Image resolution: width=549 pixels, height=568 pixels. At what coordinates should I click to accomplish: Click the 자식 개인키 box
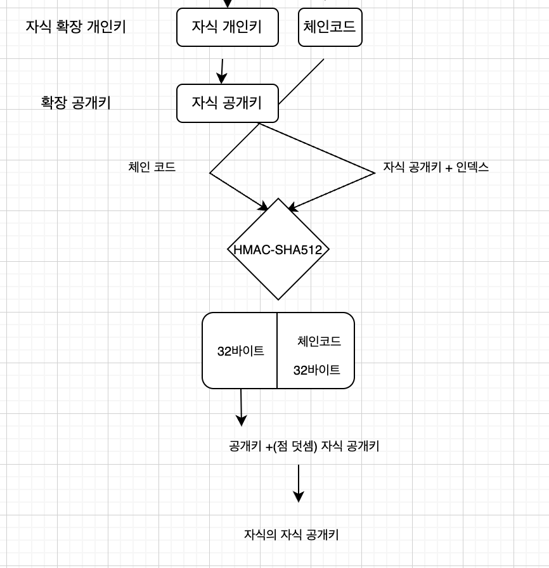(227, 27)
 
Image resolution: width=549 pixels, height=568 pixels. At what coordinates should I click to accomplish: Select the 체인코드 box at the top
(330, 27)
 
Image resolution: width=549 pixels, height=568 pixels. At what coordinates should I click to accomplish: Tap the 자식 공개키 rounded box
(227, 103)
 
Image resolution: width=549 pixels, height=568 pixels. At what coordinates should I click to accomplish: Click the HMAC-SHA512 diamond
(278, 249)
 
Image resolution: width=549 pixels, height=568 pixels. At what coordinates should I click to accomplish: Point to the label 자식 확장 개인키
(75, 27)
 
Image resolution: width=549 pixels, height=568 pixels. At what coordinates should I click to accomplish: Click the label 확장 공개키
(75, 103)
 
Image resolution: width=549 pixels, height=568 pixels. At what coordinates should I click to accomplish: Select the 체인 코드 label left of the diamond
(152, 167)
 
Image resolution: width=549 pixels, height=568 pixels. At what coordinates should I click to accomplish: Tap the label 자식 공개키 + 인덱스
(436, 167)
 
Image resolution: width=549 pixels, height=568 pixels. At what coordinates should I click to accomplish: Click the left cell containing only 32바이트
(240, 351)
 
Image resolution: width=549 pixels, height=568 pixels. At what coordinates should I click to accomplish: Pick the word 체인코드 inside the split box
(319, 341)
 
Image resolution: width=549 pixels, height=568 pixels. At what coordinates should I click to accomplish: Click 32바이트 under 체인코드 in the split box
(316, 370)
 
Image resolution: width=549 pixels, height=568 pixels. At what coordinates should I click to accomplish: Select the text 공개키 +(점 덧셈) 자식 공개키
(304, 446)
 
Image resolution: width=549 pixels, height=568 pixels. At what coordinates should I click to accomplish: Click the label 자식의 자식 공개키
(291, 534)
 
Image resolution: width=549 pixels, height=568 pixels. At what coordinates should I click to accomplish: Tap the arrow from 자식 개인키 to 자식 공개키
(222, 70)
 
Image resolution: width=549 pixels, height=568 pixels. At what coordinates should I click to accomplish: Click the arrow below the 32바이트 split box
(241, 406)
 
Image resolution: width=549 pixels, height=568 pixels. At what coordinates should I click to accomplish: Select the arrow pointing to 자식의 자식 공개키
(299, 483)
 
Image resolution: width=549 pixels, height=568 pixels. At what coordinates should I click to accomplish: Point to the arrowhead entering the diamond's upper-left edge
(263, 205)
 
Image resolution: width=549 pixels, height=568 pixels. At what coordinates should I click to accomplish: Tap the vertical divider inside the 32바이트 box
(277, 351)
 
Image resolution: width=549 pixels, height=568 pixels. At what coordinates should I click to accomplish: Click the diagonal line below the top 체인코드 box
(302, 81)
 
